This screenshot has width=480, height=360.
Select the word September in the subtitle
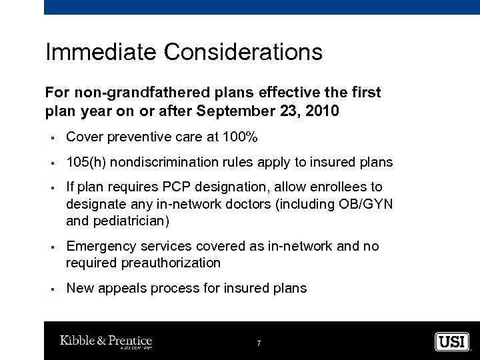241,111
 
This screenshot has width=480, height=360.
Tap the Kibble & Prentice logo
107,341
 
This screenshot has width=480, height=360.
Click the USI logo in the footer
452,341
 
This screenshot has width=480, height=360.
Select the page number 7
258,343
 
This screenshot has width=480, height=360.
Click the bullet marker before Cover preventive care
51,138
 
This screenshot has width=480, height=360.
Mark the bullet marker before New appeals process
51,289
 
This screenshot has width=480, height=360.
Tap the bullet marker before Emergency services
51,247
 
